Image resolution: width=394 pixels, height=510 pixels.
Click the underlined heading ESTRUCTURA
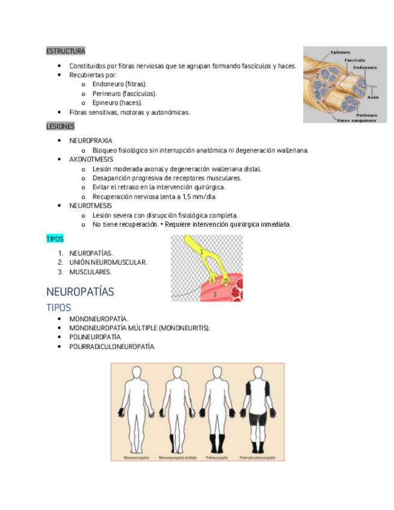(66, 51)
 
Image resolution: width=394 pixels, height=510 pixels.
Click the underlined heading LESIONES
(60, 126)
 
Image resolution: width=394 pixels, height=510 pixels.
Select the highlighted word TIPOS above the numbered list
(54, 239)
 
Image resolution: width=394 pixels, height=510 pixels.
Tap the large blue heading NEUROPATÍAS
(80, 292)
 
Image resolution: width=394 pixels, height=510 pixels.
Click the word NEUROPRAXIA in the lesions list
(91, 140)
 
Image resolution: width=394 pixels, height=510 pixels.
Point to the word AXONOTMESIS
(91, 159)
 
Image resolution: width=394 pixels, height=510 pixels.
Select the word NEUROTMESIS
(91, 206)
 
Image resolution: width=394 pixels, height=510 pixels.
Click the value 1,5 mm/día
(196, 197)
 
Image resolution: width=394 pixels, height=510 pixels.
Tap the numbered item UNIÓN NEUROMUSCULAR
(108, 262)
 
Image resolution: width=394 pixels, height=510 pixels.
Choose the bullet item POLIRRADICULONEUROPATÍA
(112, 347)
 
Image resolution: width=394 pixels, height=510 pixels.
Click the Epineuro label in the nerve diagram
(341, 52)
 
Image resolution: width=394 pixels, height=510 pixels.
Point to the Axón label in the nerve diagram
(374, 97)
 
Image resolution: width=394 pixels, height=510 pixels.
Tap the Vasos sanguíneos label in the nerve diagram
(357, 120)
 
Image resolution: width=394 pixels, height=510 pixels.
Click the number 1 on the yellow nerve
(202, 251)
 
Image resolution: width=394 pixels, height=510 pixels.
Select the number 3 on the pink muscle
(215, 295)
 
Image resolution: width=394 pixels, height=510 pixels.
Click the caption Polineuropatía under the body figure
(217, 458)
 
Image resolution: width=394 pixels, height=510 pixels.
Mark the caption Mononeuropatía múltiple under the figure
(177, 458)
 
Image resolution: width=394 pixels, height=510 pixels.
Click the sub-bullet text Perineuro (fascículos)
(125, 94)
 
